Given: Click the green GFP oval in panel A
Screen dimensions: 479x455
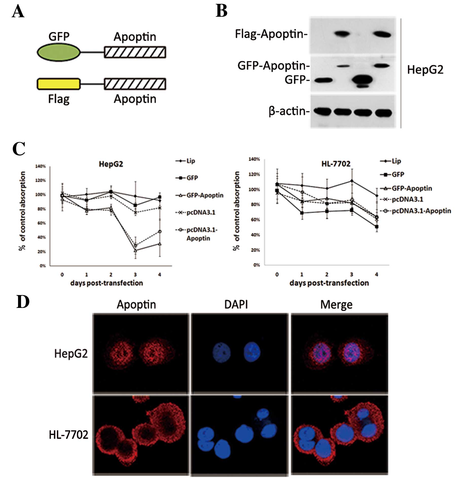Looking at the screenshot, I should tap(59, 52).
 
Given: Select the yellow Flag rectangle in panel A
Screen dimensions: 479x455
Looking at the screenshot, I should tap(59, 84).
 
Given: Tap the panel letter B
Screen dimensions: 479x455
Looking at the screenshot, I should tap(221, 11).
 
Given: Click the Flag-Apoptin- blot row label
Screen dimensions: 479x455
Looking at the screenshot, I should tap(271, 34).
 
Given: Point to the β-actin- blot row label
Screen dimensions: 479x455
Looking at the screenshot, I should tap(289, 111).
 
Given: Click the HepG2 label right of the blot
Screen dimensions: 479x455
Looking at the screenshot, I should tap(425, 70).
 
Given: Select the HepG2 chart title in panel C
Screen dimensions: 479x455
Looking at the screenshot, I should tap(111, 164).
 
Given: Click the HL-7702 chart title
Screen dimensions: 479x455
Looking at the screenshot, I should tap(336, 164).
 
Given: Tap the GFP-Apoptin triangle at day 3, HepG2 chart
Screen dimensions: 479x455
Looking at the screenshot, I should tap(135, 250).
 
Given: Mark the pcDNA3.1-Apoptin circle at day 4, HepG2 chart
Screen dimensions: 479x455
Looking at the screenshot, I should tap(160, 231).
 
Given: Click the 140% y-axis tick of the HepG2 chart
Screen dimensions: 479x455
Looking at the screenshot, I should tap(40, 166).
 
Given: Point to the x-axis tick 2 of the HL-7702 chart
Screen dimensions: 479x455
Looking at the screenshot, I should tap(327, 274).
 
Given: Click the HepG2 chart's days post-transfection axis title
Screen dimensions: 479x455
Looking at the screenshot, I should tap(106, 283).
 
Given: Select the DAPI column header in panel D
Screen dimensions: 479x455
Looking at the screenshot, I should tap(236, 304).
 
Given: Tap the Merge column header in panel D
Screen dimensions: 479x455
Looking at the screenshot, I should tap(336, 305).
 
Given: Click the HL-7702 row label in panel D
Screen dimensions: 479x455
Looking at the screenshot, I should tap(68, 435).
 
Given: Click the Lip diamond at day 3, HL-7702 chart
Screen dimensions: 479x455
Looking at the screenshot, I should tap(352, 181).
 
